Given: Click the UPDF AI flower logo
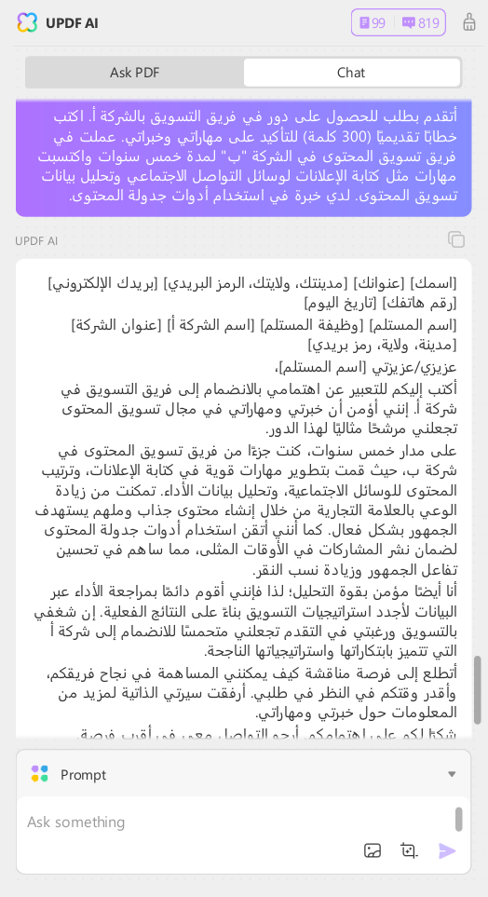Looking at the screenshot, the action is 27,22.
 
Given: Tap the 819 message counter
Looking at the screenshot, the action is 420,22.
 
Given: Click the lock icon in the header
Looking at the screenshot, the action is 468,22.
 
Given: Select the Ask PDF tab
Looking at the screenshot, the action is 135,73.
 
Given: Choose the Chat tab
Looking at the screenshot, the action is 351,73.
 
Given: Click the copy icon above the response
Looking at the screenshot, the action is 456,239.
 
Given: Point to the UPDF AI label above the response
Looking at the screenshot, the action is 36,240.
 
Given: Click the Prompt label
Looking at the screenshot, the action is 83,774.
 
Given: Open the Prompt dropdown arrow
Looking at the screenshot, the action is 452,774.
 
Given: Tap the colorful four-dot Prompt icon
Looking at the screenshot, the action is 39,774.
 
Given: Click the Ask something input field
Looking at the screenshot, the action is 233,822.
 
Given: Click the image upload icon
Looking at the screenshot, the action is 373,849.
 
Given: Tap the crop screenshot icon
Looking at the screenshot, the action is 409,849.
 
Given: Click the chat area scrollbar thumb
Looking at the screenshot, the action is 478,689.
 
